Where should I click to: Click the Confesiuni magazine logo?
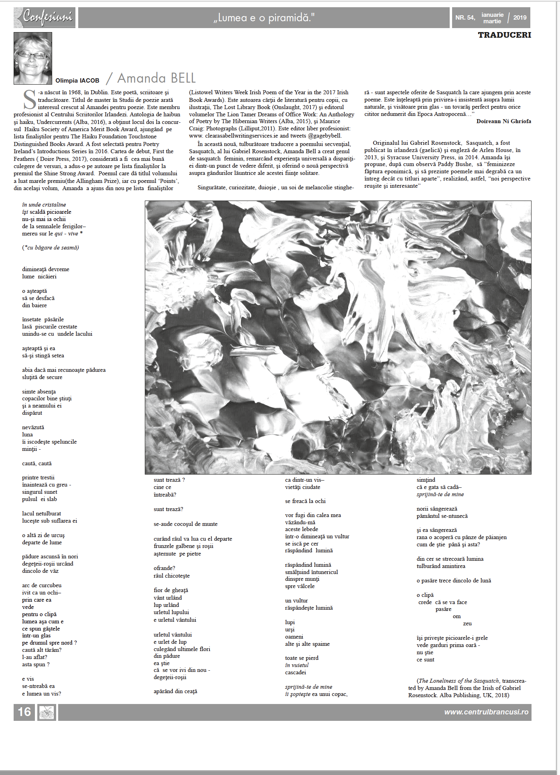coord(45,17)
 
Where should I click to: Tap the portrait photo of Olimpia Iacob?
coord(33,59)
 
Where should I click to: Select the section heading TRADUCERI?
coord(504,35)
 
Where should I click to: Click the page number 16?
coord(24,712)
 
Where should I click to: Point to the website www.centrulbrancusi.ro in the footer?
coord(486,712)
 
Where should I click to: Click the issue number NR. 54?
coord(465,18)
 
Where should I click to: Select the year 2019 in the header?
coord(519,18)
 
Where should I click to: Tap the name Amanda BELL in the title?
coord(156,78)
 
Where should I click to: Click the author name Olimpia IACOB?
coord(77,81)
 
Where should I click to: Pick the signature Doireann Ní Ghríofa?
coord(503,121)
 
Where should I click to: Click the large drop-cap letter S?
coord(30,100)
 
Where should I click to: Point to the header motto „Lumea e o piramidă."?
coord(264,18)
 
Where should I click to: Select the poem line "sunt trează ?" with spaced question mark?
coord(169,480)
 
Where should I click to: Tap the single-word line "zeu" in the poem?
coord(467,623)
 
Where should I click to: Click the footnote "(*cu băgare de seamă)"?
coord(51,248)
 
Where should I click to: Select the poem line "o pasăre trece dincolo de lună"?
coord(454,580)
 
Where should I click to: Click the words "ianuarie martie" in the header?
coord(492,18)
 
